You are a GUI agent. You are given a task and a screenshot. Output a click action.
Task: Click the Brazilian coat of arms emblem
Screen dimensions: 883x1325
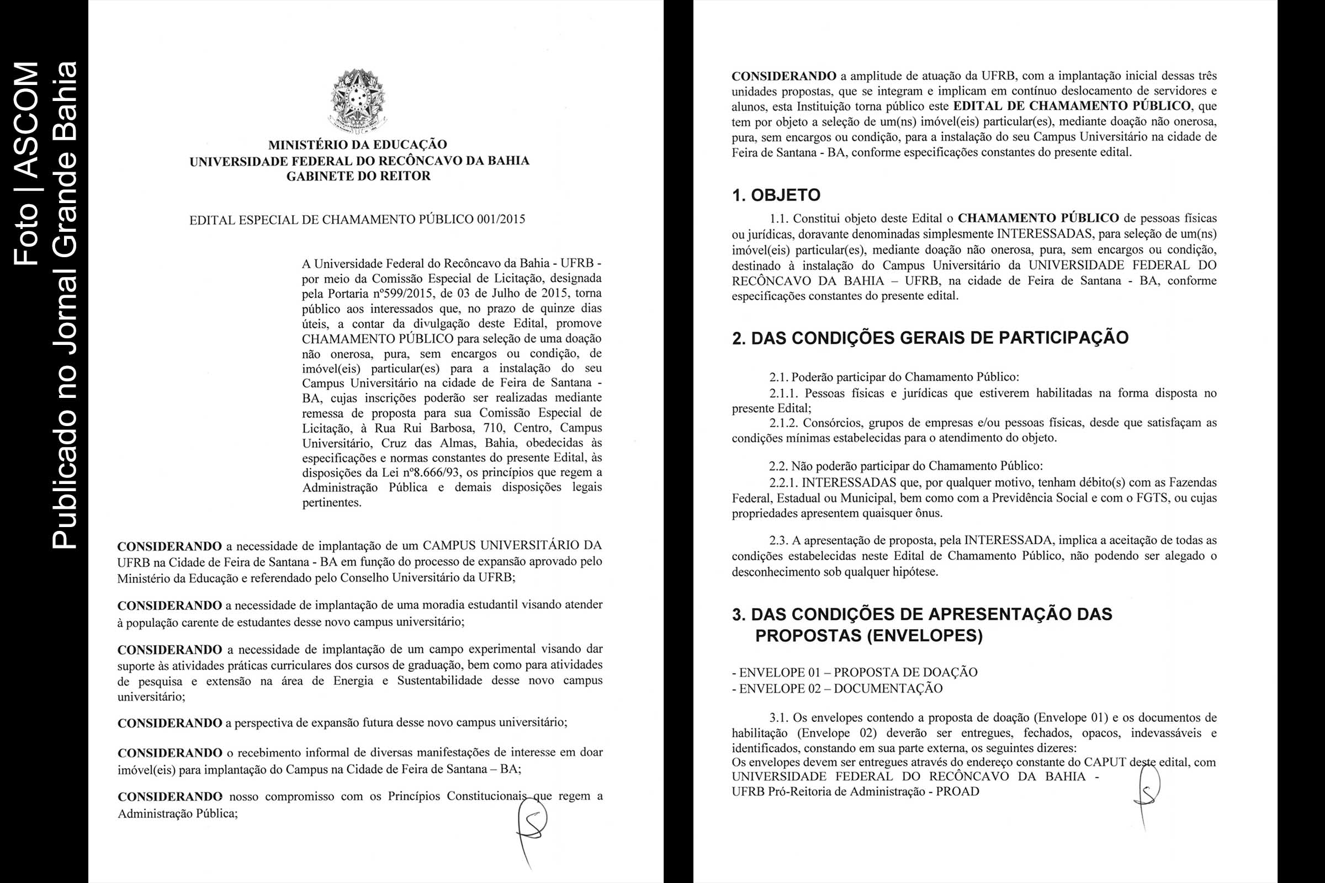pos(358,102)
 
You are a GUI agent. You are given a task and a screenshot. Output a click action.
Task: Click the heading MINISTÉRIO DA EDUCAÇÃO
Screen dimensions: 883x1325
pos(358,145)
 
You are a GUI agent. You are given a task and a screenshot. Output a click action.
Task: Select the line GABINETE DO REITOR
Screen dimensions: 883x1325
pos(358,176)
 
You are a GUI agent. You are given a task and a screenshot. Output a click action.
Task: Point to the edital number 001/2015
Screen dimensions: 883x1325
pos(500,219)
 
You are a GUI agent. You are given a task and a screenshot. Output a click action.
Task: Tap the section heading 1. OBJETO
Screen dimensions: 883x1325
pos(776,195)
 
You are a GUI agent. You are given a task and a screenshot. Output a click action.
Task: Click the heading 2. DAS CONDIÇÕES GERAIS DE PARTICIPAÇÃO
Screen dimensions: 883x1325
pos(930,338)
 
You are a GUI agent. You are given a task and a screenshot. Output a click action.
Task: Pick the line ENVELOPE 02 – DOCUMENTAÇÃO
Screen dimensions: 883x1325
pos(837,689)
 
